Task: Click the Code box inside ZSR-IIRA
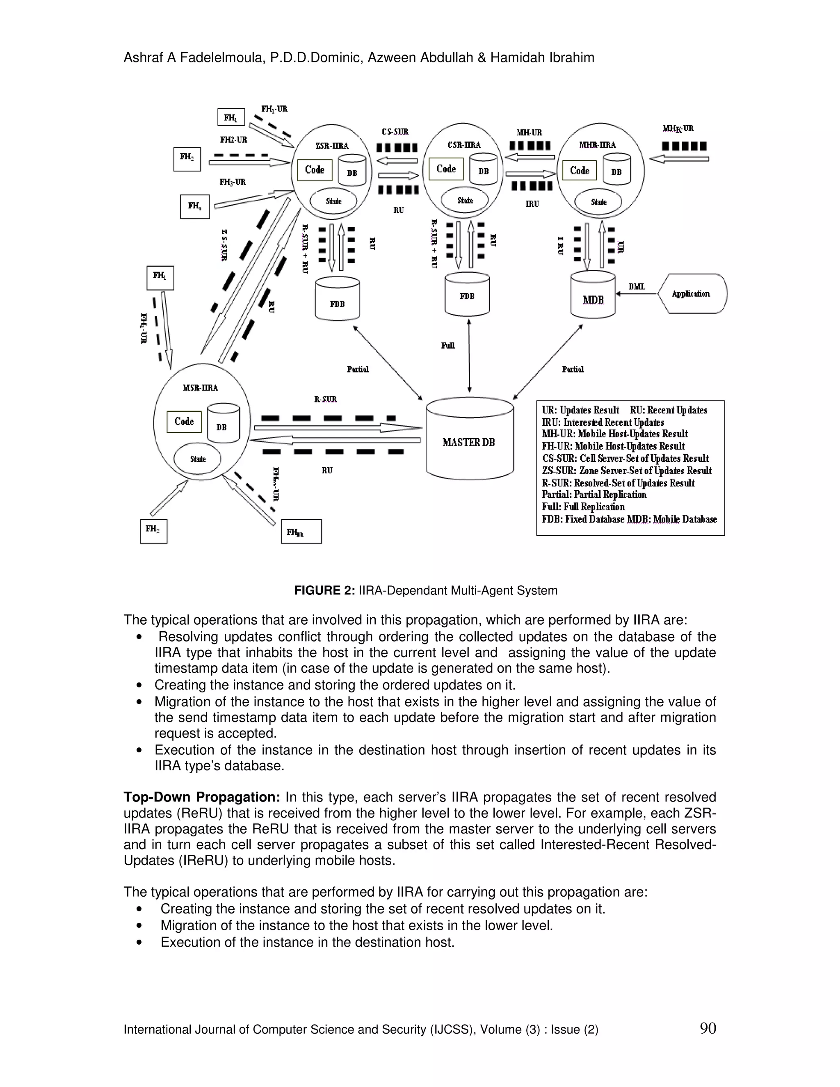tap(315, 170)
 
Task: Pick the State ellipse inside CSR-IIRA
tap(465, 201)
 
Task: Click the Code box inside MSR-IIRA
tap(184, 422)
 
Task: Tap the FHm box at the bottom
tap(301, 532)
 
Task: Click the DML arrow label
tap(637, 287)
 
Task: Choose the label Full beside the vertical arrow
tap(448, 345)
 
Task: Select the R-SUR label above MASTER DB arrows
tap(325, 399)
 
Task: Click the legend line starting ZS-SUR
tap(627, 471)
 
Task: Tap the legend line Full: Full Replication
tap(583, 507)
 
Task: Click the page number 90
tap(708, 1028)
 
